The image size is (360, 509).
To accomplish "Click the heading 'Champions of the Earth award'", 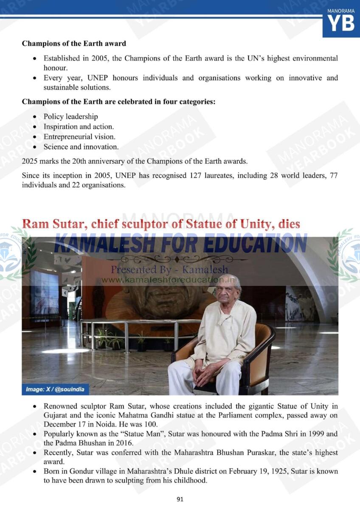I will tap(74, 43).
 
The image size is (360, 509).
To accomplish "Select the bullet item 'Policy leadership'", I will tap(70, 116).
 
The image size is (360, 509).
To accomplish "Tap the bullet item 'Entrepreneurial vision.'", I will tap(79, 137).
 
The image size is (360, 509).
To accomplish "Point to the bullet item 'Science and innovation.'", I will tap(81, 147).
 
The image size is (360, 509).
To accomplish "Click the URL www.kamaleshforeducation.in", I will tap(169, 280).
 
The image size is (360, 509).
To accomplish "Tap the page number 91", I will tap(180, 499).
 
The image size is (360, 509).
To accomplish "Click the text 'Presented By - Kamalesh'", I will tap(169, 270).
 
